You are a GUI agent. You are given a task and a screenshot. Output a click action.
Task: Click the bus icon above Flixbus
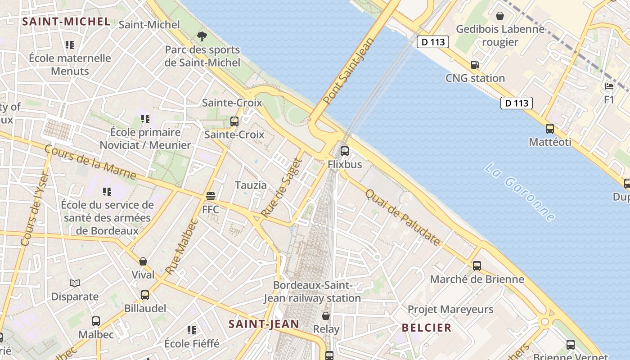[x=345, y=151]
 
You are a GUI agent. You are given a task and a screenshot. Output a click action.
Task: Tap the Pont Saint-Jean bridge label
[x=349, y=71]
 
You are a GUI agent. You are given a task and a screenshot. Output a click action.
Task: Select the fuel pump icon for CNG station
[x=475, y=65]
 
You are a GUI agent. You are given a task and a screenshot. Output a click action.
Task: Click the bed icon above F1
[x=609, y=86]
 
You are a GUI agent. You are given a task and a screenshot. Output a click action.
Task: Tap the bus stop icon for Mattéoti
[x=550, y=129]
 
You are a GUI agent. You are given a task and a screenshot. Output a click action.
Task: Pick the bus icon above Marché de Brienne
[x=477, y=266]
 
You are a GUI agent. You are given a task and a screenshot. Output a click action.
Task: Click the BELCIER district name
[x=427, y=328]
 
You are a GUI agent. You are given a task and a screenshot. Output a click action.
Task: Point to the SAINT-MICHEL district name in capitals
[x=66, y=22]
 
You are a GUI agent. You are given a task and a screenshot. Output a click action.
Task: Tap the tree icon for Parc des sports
[x=202, y=36]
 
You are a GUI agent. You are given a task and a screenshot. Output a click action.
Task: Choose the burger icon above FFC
[x=211, y=196]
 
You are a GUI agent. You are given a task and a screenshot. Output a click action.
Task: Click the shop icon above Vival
[x=143, y=261]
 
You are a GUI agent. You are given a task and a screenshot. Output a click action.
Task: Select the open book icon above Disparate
[x=75, y=283]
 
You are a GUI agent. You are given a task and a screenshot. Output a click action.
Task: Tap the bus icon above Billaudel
[x=145, y=295]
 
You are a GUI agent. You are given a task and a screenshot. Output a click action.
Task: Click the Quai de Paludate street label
[x=402, y=217]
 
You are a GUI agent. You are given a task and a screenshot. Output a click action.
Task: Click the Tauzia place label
[x=251, y=185]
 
